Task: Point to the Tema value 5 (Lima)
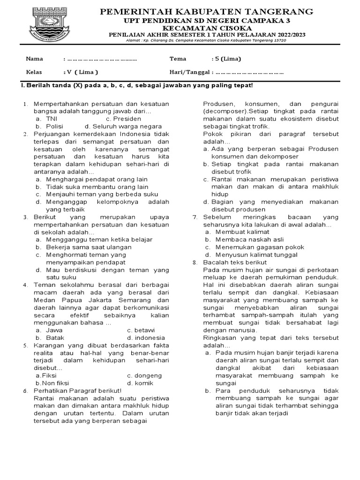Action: pos(227,59)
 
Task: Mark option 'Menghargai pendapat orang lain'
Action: pos(97,179)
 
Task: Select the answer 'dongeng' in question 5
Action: pos(148,375)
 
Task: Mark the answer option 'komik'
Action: pos(144,383)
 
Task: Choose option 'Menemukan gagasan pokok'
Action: pos(260,247)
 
